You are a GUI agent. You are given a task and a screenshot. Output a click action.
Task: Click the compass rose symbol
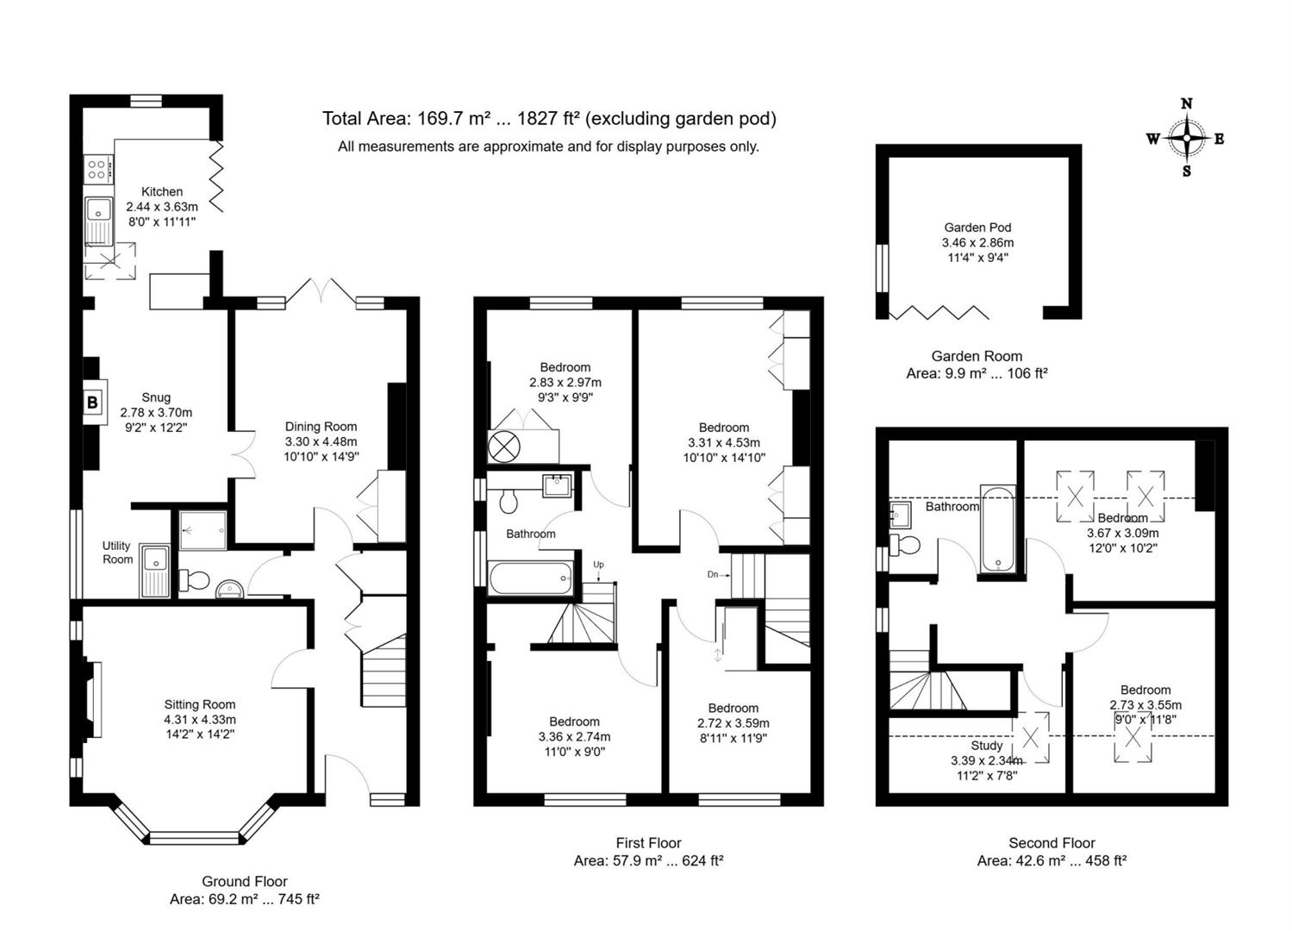tap(1187, 138)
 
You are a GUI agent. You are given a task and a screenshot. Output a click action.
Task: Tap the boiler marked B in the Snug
tap(93, 402)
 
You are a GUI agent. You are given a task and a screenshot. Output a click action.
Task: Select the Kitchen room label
tap(162, 191)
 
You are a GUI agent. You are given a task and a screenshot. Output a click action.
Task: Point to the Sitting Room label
tap(200, 704)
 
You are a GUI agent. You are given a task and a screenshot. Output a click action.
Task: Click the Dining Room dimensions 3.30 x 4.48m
tap(321, 441)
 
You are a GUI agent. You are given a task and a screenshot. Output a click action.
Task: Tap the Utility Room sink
tap(155, 569)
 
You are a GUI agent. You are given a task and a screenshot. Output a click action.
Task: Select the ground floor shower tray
tap(203, 529)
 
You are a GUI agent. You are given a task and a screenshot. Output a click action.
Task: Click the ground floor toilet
tap(193, 580)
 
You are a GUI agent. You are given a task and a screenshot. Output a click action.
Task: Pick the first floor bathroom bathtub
tap(530, 578)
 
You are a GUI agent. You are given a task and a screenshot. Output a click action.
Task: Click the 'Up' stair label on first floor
tap(598, 565)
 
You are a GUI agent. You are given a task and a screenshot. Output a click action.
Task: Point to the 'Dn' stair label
tap(713, 574)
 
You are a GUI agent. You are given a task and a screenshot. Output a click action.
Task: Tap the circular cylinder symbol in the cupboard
tap(504, 447)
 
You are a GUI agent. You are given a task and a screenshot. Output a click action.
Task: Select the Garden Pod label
tap(977, 228)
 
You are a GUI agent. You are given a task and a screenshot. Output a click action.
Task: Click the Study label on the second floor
tap(986, 746)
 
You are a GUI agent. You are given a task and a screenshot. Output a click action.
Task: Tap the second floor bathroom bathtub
tap(998, 528)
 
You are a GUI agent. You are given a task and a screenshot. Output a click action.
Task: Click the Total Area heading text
tap(549, 119)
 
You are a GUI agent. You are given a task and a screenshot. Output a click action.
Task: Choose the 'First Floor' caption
tap(648, 843)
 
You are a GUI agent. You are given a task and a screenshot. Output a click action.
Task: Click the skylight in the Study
tap(1031, 737)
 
